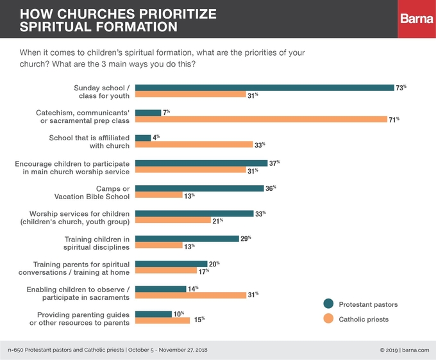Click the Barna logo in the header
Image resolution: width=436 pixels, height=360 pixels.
[417, 19]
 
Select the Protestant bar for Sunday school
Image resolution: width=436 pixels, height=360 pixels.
[265, 88]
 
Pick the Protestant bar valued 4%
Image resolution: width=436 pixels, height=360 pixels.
[144, 138]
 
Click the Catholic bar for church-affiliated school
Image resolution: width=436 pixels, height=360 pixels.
[194, 145]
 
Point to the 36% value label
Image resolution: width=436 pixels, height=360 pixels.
[271, 188]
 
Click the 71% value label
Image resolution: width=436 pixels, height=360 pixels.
[394, 120]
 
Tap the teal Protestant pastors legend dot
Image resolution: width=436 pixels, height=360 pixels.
[329, 304]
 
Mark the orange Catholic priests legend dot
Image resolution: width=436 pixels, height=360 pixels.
[329, 318]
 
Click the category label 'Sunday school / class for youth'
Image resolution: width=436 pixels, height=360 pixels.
[102, 92]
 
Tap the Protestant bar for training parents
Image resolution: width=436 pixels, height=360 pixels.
[171, 263]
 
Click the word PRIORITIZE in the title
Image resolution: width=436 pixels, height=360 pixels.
[174, 14]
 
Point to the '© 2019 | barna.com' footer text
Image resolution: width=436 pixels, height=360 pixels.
[403, 350]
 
